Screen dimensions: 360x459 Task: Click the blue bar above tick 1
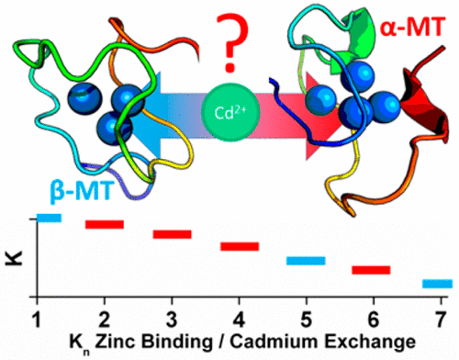coord(49,218)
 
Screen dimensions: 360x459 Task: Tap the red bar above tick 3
coord(172,235)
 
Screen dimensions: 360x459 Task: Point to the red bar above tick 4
coord(240,246)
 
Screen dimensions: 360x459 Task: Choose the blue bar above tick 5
coord(306,261)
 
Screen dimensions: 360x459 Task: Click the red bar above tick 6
coord(372,270)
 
